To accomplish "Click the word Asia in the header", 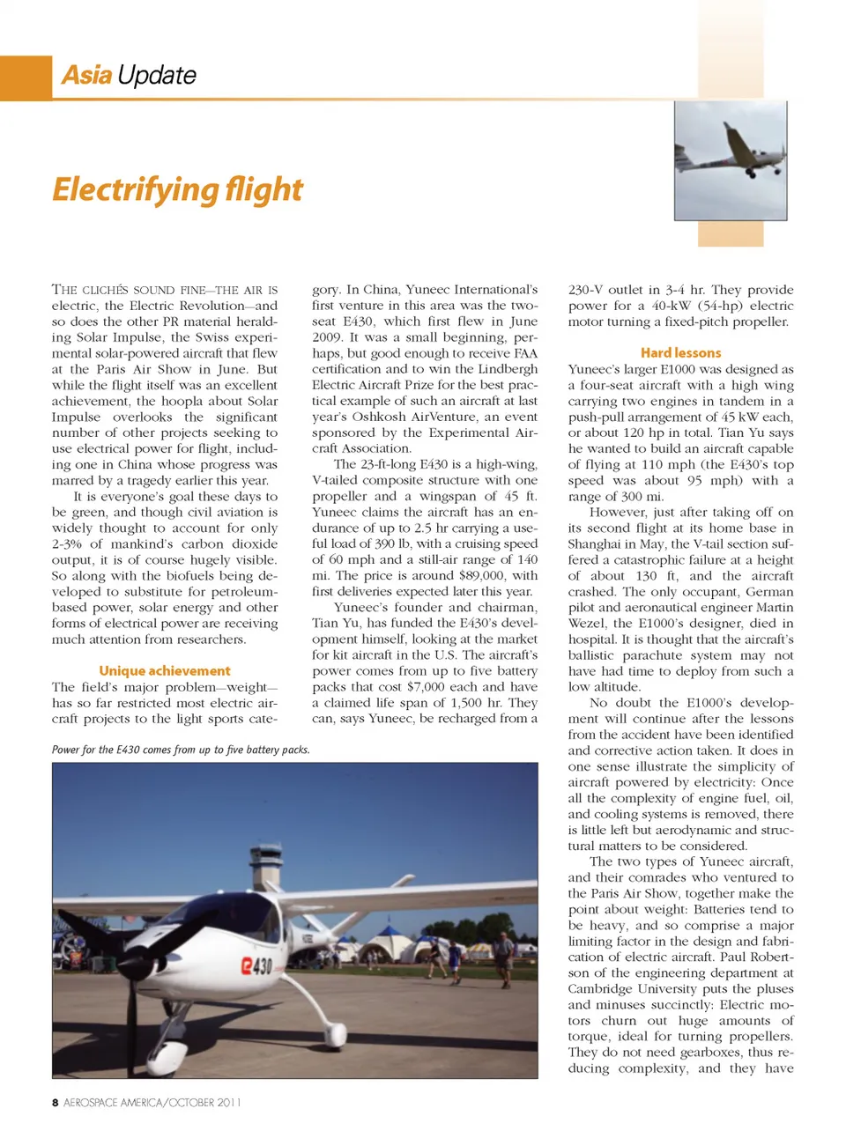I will pyautogui.click(x=85, y=75).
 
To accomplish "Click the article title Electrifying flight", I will pyautogui.click(x=177, y=189).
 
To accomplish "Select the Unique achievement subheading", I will pyautogui.click(x=164, y=671).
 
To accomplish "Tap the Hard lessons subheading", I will pyautogui.click(x=680, y=352).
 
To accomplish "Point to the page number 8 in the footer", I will pyautogui.click(x=56, y=1102).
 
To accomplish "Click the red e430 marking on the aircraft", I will pyautogui.click(x=256, y=965).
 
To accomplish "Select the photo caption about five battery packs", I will pyautogui.click(x=181, y=750).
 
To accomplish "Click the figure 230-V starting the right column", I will pyautogui.click(x=585, y=290).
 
